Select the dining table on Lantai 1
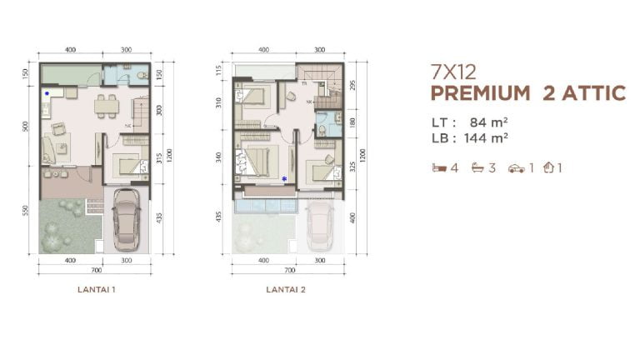(105, 106)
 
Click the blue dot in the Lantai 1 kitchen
(47, 93)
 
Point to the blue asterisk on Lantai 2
(284, 177)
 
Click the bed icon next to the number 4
(438, 167)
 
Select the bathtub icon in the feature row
(477, 167)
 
